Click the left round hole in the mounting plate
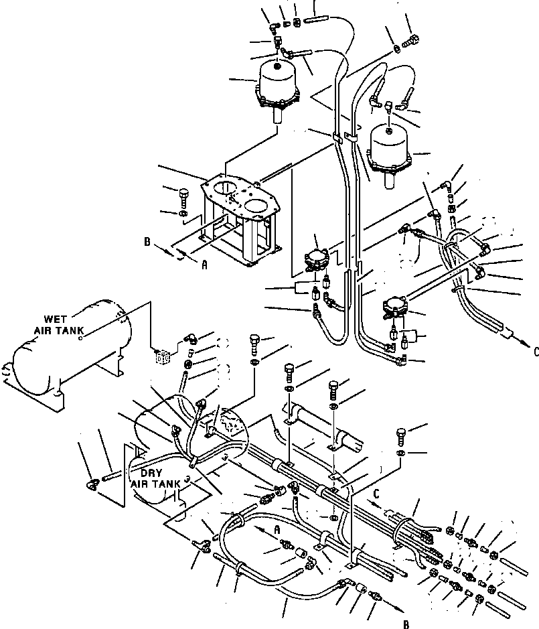228,187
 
